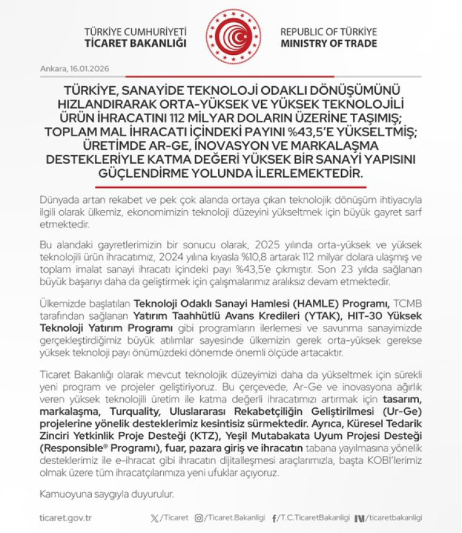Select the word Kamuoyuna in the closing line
[x=64, y=495]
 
